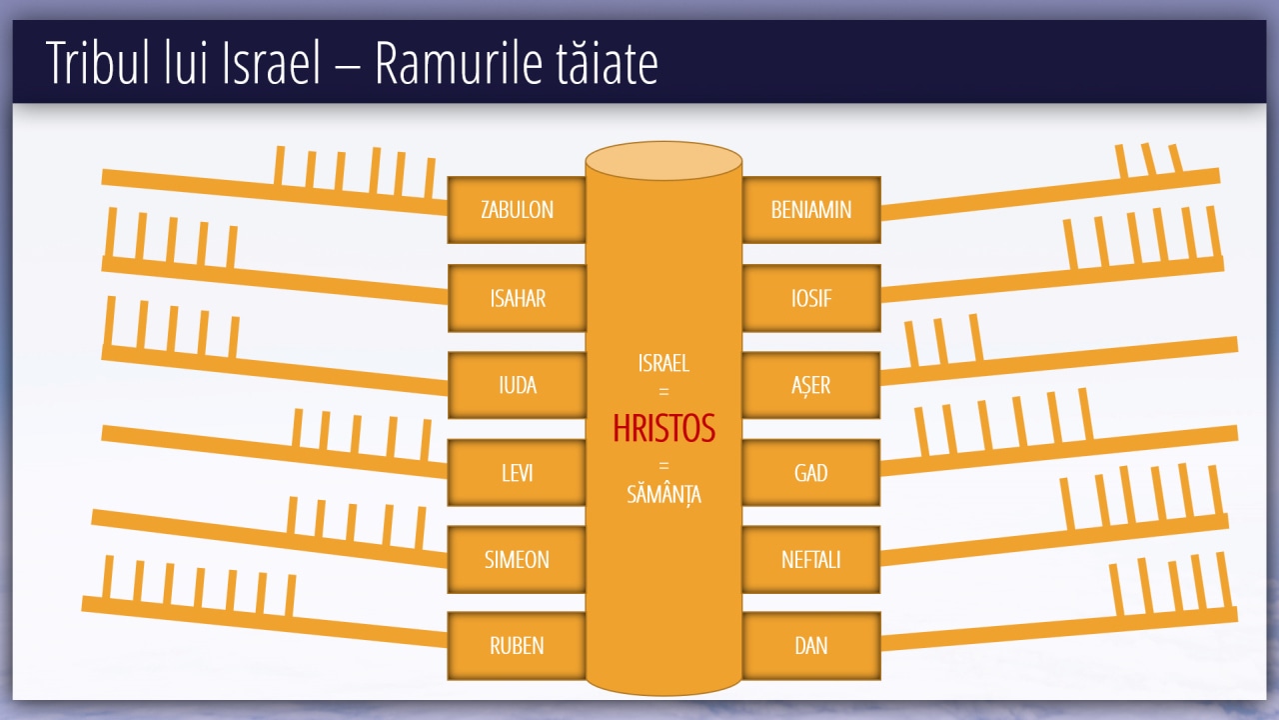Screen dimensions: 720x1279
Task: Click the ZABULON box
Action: click(x=517, y=210)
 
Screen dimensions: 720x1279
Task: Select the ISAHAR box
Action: click(x=517, y=298)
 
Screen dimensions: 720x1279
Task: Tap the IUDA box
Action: click(x=517, y=385)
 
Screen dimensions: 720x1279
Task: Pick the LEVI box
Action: click(x=517, y=472)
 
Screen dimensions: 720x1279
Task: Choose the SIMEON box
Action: click(x=517, y=559)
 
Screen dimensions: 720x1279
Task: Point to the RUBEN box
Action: click(x=517, y=646)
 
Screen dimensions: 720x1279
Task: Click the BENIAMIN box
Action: click(x=810, y=210)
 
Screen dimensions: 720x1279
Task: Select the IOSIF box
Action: click(x=810, y=298)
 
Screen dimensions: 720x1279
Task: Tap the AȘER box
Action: click(x=810, y=385)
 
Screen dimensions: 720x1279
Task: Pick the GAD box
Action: click(x=810, y=472)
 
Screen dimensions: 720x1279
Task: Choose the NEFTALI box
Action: click(x=810, y=559)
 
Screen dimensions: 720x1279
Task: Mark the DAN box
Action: click(x=810, y=646)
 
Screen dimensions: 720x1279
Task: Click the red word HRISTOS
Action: click(x=663, y=429)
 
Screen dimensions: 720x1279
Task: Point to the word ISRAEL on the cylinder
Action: click(x=663, y=363)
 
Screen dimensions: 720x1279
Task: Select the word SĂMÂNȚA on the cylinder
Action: click(x=663, y=494)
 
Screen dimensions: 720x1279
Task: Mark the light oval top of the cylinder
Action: click(x=663, y=163)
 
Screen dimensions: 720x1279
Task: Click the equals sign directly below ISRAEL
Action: click(x=663, y=392)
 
